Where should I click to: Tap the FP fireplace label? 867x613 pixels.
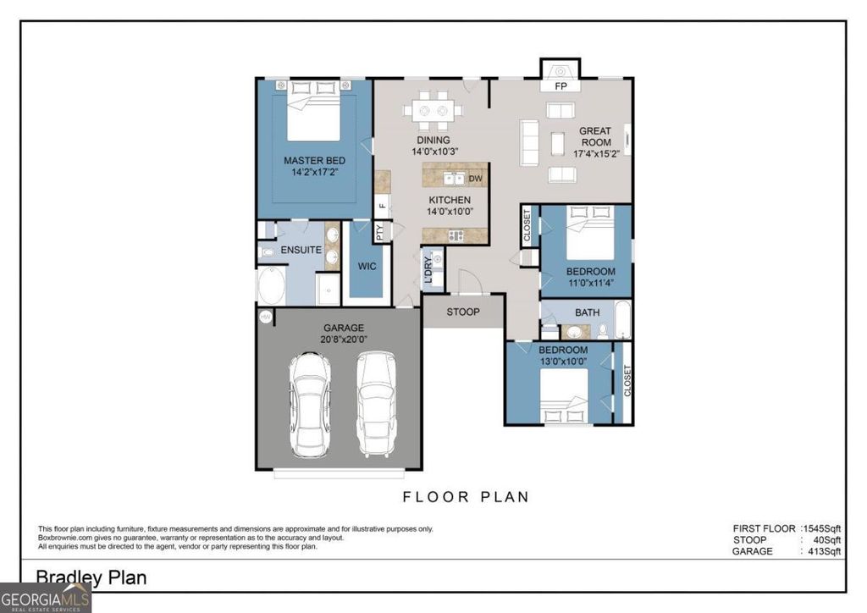pyautogui.click(x=560, y=87)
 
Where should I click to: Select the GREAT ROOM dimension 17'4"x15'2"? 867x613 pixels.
pyautogui.click(x=595, y=154)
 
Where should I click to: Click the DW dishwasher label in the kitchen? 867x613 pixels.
pyautogui.click(x=475, y=179)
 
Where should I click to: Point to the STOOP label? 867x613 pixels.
pyautogui.click(x=463, y=312)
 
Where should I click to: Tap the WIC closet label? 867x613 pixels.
pyautogui.click(x=367, y=266)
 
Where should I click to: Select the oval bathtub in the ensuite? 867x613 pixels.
pyautogui.click(x=272, y=286)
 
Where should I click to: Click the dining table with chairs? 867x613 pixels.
pyautogui.click(x=432, y=110)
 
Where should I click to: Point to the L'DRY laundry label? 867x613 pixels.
pyautogui.click(x=428, y=269)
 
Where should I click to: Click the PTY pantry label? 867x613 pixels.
pyautogui.click(x=380, y=233)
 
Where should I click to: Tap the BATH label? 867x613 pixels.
pyautogui.click(x=587, y=312)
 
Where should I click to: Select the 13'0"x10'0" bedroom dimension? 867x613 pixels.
pyautogui.click(x=563, y=362)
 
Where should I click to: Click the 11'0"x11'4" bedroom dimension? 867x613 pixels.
pyautogui.click(x=590, y=284)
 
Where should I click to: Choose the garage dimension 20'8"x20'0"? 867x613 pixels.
pyautogui.click(x=343, y=340)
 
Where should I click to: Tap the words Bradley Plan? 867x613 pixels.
pyautogui.click(x=91, y=577)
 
